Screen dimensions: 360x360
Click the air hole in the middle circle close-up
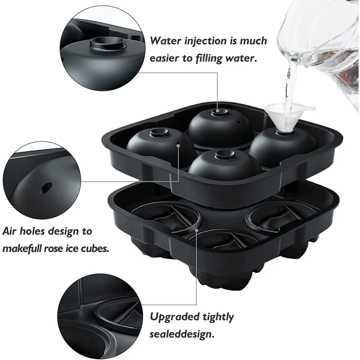45,185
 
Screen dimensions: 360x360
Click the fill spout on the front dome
224,155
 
